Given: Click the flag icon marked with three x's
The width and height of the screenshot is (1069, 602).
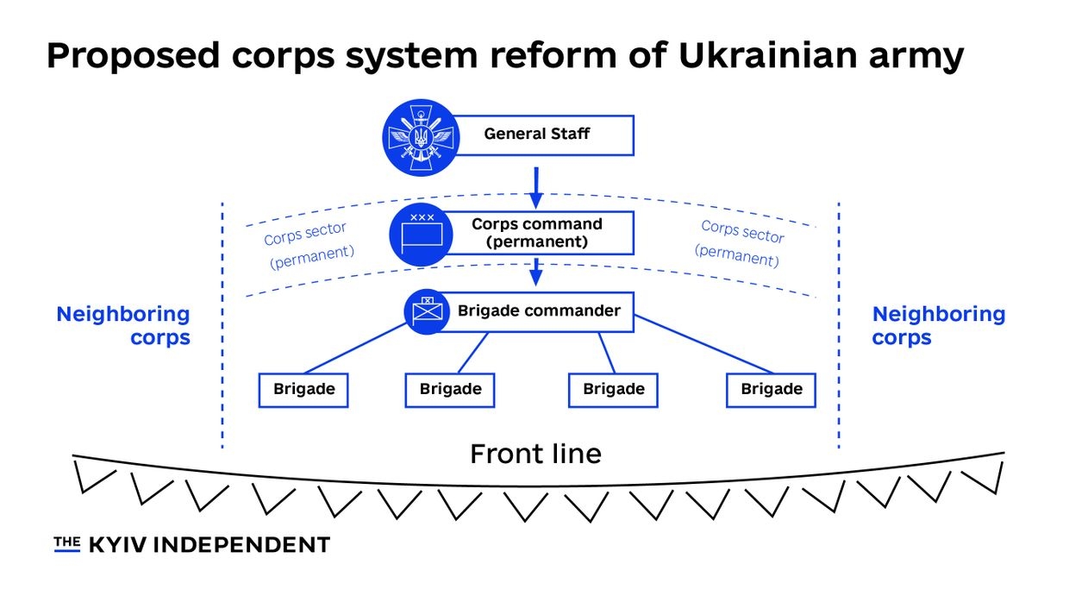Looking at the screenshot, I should (x=422, y=231).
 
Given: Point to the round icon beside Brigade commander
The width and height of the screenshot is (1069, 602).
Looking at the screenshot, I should (x=427, y=310).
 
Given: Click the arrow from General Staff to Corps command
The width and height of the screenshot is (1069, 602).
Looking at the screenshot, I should (x=535, y=188).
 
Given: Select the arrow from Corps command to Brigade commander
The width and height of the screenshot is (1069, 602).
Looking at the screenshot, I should (x=535, y=272).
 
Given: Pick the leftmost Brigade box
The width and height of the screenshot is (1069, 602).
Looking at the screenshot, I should (x=303, y=390).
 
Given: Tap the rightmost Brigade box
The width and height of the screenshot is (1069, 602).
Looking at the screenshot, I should (x=771, y=390).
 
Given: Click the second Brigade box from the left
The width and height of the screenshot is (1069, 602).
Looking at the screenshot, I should (x=450, y=390).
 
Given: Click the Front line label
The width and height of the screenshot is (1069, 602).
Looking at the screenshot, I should (x=535, y=454).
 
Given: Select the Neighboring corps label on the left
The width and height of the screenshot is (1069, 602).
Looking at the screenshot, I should (x=123, y=326).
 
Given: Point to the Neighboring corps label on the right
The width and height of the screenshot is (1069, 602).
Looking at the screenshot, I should (x=938, y=326).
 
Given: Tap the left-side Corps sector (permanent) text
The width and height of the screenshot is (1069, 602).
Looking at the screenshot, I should (x=308, y=245).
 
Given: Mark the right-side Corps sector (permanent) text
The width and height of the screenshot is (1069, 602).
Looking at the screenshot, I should (x=741, y=243).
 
